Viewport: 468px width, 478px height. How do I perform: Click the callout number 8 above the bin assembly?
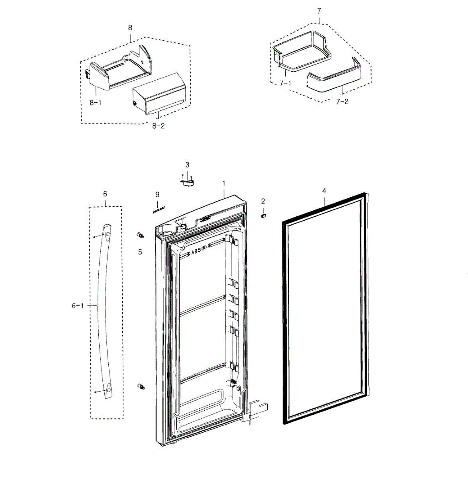coord(130,27)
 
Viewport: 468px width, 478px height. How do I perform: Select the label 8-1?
coord(95,103)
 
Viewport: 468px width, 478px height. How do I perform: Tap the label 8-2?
coord(158,126)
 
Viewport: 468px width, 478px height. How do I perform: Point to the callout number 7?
coord(319,11)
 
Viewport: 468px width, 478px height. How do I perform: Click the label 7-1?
coord(285,84)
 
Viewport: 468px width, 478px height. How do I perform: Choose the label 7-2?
coord(342,102)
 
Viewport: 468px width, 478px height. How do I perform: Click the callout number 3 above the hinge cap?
coord(187,165)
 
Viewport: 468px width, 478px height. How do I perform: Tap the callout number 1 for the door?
coord(224,183)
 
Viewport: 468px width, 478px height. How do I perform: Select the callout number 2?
coord(263,201)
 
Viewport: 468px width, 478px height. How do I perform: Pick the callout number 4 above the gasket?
coord(324,191)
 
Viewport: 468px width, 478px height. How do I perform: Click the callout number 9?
coord(157,194)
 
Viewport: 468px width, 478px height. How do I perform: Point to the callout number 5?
coord(140,252)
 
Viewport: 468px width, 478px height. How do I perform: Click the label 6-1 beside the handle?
coord(78,306)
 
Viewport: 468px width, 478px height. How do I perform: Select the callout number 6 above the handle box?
coord(105,194)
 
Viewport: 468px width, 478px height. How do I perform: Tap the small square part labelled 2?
coord(263,215)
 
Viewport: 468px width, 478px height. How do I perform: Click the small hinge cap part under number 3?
coord(187,182)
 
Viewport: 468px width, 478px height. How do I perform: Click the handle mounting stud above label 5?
coord(140,235)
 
